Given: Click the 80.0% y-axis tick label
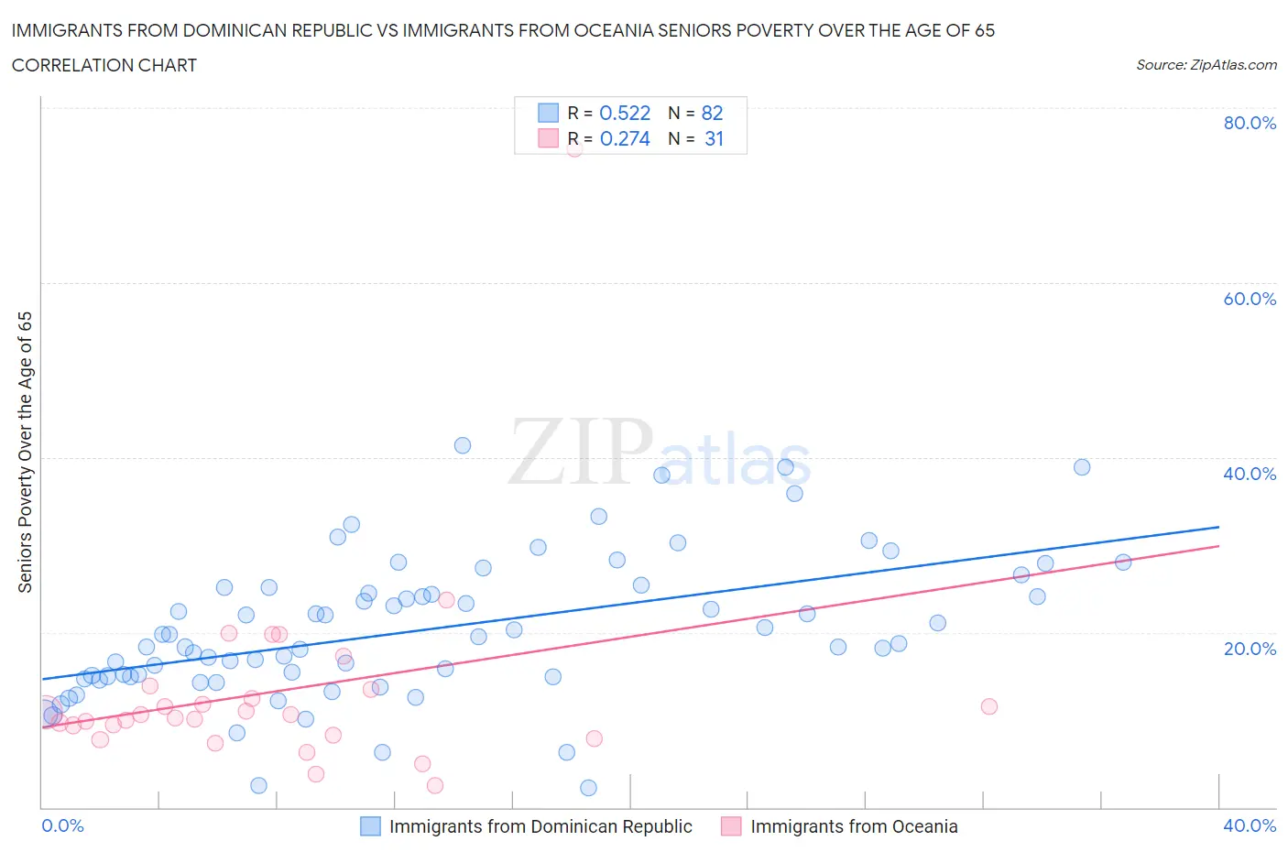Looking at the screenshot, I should pos(1250,123).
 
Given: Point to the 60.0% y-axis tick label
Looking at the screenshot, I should pos(1250,299).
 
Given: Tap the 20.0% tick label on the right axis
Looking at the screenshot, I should pos(1250,649).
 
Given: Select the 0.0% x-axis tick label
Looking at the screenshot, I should pos(62,825).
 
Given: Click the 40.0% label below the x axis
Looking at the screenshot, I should pos(1250,825).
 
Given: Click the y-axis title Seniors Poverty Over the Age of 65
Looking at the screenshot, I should pos(26,453).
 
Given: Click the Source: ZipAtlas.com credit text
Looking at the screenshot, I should pos(1206,64).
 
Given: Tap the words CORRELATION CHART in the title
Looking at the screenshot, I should pos(104,65).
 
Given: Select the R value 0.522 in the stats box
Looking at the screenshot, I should pos(625,113).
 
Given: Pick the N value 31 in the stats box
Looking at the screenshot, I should pos(714,138).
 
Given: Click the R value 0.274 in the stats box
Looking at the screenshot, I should pos(625,138).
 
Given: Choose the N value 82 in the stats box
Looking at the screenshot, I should pos(712,113).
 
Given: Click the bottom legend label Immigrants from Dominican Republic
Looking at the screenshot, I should pos(540,826).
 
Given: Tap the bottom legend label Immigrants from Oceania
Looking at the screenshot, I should pos(854,826).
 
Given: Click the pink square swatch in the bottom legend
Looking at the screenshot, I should pos(731,826).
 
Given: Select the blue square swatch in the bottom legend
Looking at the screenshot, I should pos(370,826).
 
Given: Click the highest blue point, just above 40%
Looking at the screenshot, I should pos(463,445).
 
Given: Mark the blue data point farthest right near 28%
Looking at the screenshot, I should pos(1123,563).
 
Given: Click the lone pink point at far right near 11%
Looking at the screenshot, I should pos(988,706).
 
